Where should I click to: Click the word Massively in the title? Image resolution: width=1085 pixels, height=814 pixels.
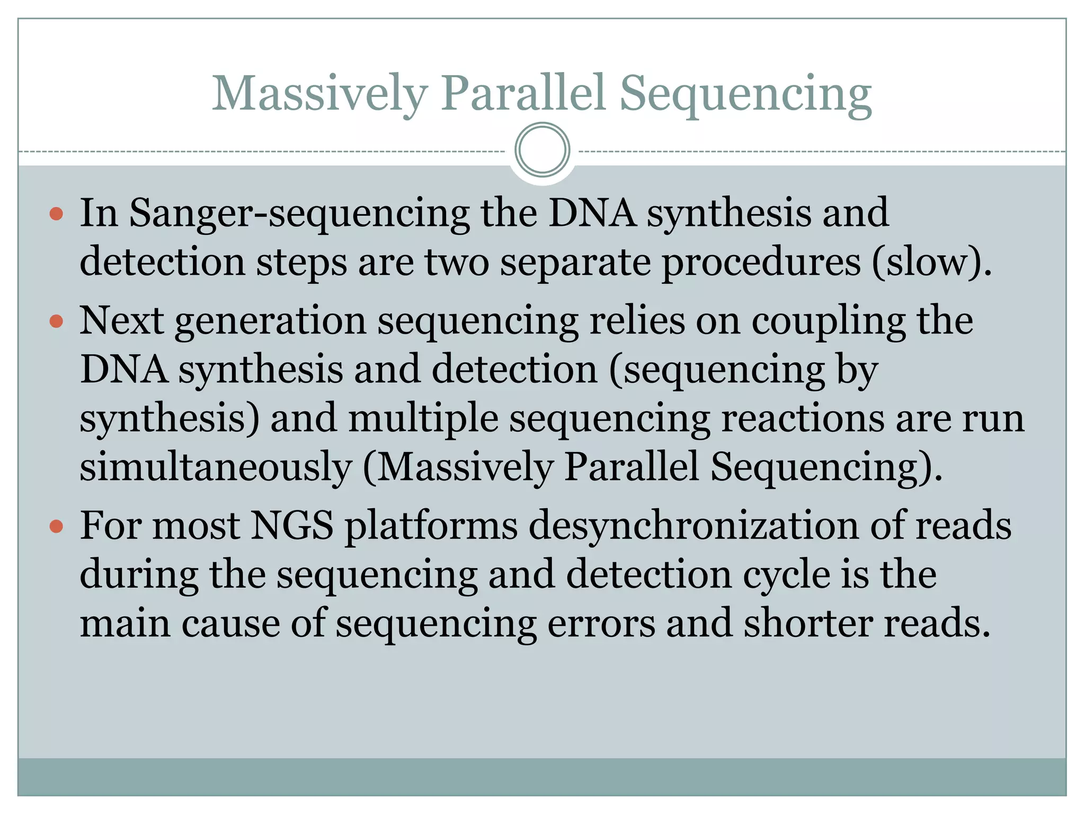[x=319, y=94]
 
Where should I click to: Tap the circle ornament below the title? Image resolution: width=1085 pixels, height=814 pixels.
[x=542, y=150]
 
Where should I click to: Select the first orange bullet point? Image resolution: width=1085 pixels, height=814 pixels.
[x=56, y=214]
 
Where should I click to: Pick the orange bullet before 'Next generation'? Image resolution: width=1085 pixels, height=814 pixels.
[x=56, y=321]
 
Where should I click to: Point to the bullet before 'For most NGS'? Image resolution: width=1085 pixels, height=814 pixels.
[x=56, y=527]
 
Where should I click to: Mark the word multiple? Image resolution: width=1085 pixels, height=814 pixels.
[x=423, y=418]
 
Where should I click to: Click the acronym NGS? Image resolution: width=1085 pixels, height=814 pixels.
[x=292, y=526]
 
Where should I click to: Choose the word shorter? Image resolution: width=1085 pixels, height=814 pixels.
[x=807, y=624]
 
